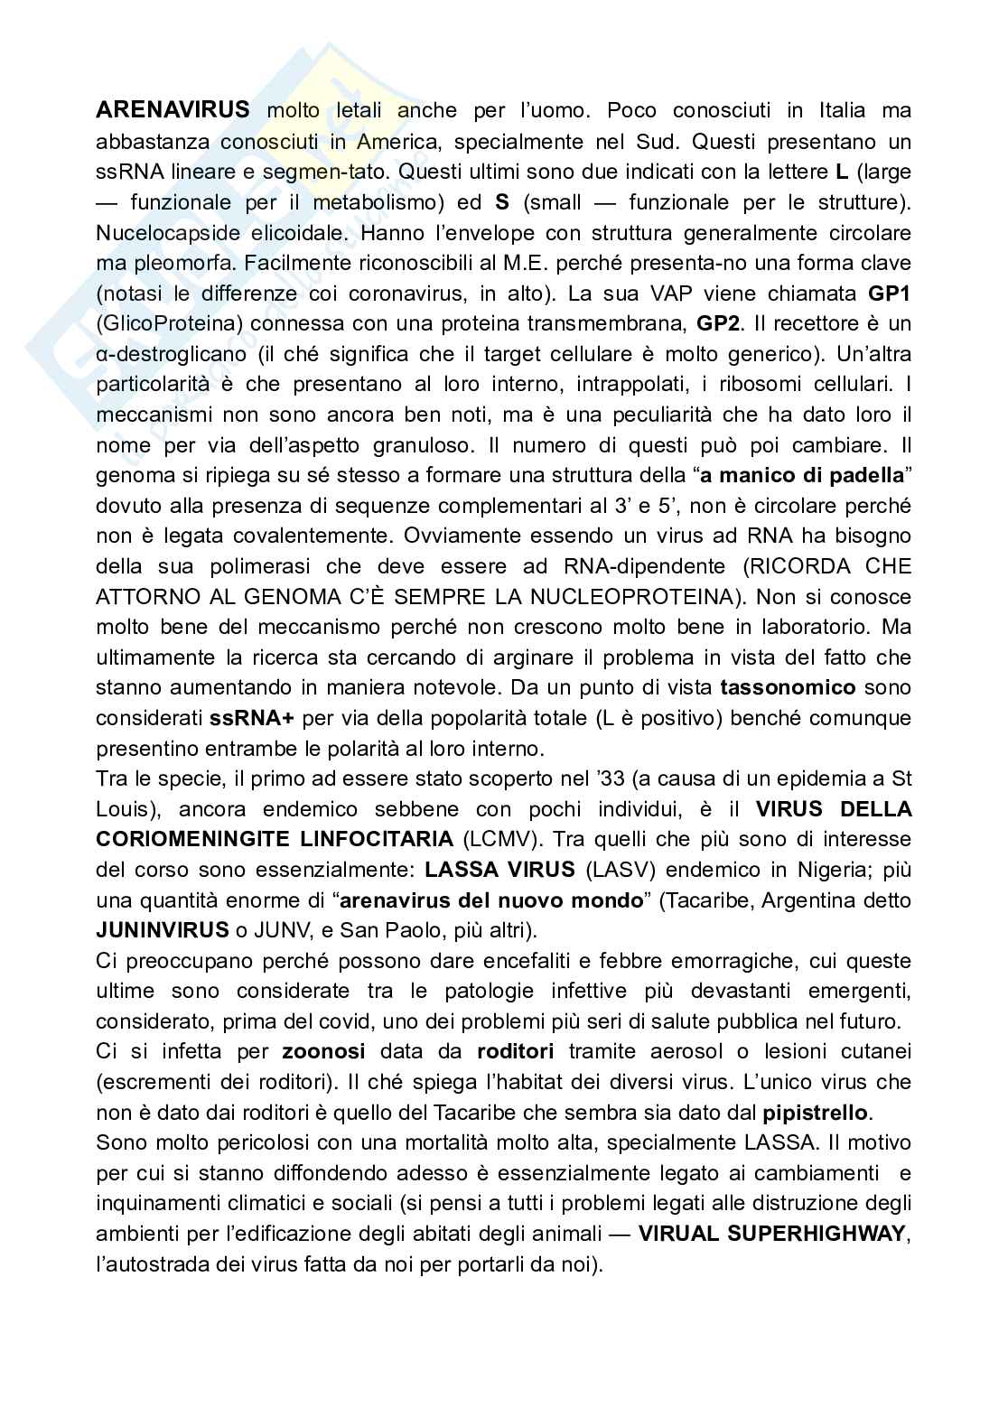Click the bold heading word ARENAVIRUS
tap(173, 110)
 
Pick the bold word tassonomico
tap(788, 688)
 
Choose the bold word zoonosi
tap(323, 1051)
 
